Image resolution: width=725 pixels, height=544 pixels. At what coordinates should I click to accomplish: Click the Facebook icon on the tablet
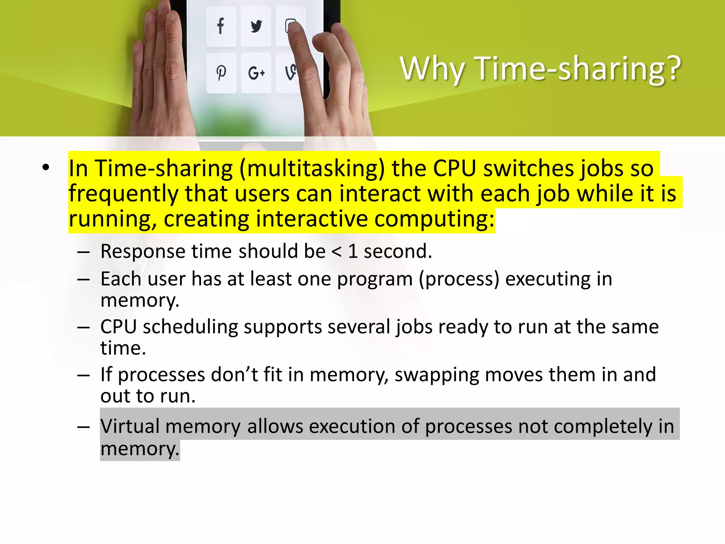point(221,26)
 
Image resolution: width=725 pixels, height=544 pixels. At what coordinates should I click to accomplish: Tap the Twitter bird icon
point(256,26)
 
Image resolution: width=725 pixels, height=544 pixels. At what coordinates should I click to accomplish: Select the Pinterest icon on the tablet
point(221,73)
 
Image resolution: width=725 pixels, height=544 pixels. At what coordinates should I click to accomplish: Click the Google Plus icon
point(256,73)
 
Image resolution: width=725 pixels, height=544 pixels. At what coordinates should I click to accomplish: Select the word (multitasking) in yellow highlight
point(312,169)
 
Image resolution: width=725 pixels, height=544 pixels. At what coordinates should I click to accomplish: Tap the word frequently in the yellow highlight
point(124,194)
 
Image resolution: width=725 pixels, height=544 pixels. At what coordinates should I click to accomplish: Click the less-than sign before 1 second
point(337,251)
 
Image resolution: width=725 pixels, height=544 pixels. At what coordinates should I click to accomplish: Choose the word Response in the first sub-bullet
point(143,252)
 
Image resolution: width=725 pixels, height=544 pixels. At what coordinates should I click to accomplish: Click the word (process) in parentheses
point(459,279)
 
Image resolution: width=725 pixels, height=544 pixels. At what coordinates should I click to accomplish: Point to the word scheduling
point(190,327)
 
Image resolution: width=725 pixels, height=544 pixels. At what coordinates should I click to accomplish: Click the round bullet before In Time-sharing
point(46,168)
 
